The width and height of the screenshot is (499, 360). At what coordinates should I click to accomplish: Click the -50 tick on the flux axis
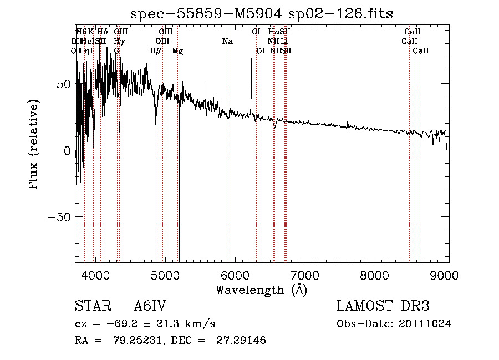tap(59, 217)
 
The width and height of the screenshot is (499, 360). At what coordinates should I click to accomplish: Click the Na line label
tap(227, 41)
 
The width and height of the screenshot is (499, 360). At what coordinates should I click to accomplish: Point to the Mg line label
tap(177, 50)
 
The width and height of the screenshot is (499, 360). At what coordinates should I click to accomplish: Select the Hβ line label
tap(156, 50)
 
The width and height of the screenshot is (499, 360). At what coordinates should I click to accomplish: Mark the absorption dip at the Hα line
tap(274, 127)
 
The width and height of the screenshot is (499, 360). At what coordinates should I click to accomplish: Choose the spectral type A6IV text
tap(150, 306)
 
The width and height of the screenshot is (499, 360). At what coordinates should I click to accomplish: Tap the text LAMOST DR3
tap(383, 306)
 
